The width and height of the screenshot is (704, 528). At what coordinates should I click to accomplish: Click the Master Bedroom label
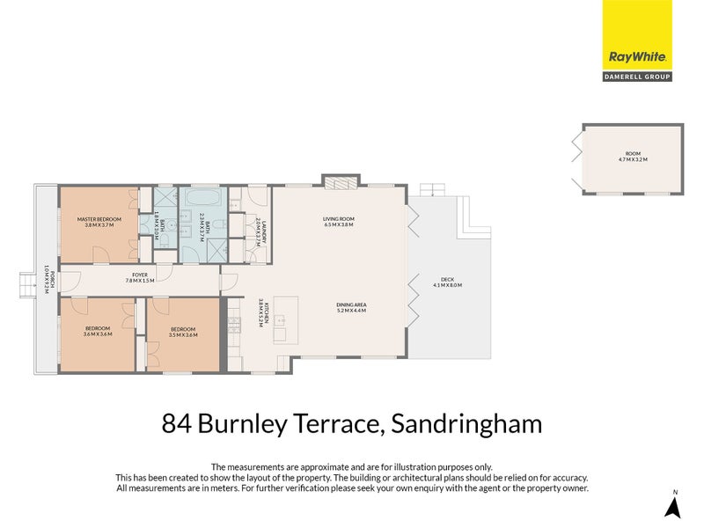pos(99,219)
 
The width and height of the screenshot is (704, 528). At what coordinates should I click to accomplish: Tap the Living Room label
pos(337,219)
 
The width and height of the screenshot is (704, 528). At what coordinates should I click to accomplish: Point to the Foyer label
pos(140,275)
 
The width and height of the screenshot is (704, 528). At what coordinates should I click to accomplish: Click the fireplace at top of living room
pos(338,183)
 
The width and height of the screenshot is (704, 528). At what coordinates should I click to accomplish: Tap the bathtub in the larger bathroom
pos(203,196)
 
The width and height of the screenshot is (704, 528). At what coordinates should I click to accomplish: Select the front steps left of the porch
pos(28,282)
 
